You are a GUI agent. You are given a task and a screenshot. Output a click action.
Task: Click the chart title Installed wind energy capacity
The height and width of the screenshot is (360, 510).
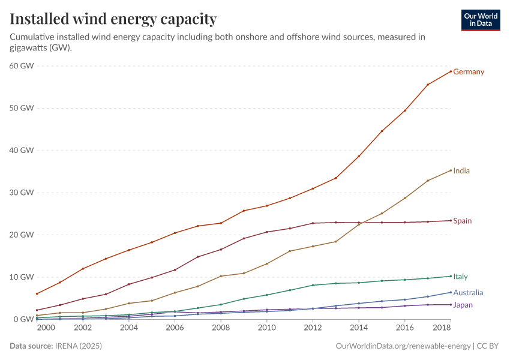(113, 19)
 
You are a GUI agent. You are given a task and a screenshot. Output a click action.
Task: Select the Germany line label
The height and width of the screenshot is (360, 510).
(469, 72)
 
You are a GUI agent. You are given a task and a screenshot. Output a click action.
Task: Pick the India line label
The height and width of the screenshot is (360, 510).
(461, 171)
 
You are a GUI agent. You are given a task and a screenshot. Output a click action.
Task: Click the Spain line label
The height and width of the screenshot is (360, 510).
(463, 221)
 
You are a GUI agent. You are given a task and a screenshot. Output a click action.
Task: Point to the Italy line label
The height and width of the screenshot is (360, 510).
(460, 277)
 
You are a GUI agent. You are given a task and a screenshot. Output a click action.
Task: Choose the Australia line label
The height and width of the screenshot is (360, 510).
(468, 293)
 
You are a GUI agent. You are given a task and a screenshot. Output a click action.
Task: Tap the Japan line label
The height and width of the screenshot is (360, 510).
(463, 305)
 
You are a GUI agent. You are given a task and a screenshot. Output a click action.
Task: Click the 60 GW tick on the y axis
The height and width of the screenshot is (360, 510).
(21, 66)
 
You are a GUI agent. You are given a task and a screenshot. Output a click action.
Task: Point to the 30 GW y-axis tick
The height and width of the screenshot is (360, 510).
(21, 193)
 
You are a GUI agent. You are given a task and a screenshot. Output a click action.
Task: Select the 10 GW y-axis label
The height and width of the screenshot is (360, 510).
(21, 277)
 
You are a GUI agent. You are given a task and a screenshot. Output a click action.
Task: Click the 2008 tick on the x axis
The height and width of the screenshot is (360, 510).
(221, 328)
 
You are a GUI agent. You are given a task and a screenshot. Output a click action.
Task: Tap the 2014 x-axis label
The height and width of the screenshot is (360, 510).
(359, 328)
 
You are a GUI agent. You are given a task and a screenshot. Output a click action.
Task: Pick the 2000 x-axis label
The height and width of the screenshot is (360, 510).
(46, 328)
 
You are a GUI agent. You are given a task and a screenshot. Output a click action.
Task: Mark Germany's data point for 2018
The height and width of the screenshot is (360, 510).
(451, 71)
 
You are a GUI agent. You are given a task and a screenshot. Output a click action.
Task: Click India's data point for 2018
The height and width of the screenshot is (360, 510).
(451, 170)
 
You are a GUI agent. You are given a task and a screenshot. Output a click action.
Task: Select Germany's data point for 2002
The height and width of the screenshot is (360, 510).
(83, 268)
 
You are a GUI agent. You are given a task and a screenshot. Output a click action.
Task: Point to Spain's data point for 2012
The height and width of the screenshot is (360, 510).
(313, 223)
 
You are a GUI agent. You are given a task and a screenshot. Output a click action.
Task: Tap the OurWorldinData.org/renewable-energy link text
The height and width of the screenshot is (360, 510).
(403, 346)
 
